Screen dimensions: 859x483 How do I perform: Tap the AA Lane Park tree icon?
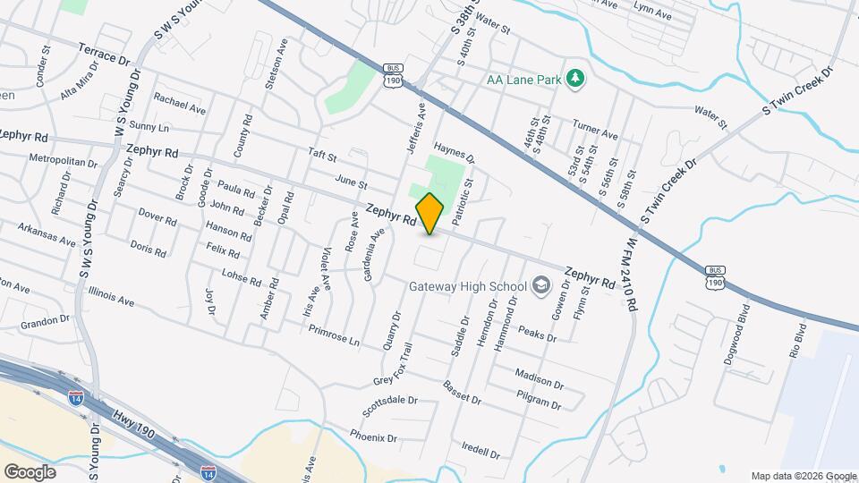pyautogui.click(x=575, y=80)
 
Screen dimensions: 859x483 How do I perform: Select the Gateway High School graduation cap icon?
pyautogui.click(x=540, y=286)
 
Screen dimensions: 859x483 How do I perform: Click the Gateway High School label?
pyautogui.click(x=466, y=287)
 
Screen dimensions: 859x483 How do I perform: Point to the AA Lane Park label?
pyautogui.click(x=523, y=80)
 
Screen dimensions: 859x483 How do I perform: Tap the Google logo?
pyautogui.click(x=30, y=471)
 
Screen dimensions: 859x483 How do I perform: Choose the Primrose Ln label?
pyautogui.click(x=334, y=336)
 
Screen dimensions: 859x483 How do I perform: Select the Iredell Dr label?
pyautogui.click(x=481, y=448)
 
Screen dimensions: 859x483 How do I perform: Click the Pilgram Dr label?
pyautogui.click(x=540, y=399)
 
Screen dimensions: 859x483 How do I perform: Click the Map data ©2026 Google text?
pyautogui.click(x=803, y=476)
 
